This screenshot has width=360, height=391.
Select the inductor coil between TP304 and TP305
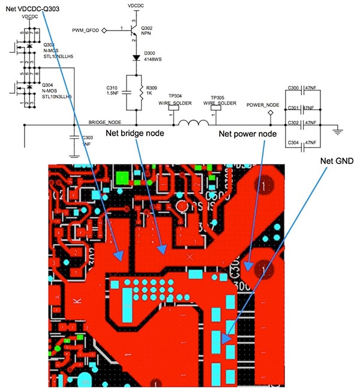(196, 125)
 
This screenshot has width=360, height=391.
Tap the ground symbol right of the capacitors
(337, 129)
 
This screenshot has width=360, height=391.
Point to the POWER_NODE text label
(263, 105)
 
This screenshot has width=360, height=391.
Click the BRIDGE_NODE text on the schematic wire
(105, 122)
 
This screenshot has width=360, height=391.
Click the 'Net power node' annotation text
(247, 133)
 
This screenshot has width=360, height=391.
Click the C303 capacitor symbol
(74, 138)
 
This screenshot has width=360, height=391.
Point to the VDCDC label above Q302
(137, 5)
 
